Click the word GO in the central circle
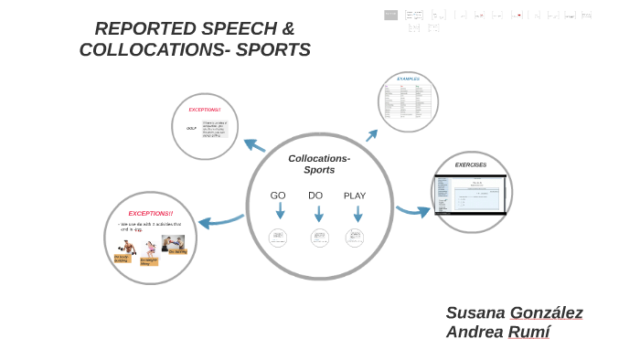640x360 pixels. pos(278,196)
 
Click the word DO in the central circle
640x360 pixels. pos(315,196)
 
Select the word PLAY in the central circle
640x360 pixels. pos(355,196)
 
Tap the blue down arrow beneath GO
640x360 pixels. pos(280,212)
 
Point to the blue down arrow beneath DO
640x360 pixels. pos(319,214)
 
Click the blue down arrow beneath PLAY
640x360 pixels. pos(357,214)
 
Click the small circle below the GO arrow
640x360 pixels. pos(278,238)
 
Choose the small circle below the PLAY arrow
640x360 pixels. pos(355,238)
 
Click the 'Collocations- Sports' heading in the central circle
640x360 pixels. pos(319,164)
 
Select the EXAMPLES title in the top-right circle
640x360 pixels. pos(408,79)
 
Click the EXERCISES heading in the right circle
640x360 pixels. pos(471,165)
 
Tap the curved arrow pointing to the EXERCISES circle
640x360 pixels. pos(412,211)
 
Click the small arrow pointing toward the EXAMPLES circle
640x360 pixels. pos(371,136)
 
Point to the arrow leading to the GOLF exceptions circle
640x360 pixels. pos(254,145)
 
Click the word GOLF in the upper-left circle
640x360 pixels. pos(191,128)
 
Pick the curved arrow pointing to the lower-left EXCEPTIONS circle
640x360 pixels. pos(220,220)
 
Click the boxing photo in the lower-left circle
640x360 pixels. pos(173,242)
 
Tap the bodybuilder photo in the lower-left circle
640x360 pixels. pos(126,248)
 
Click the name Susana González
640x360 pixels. pos(514,312)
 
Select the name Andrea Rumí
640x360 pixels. pos(497,333)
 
